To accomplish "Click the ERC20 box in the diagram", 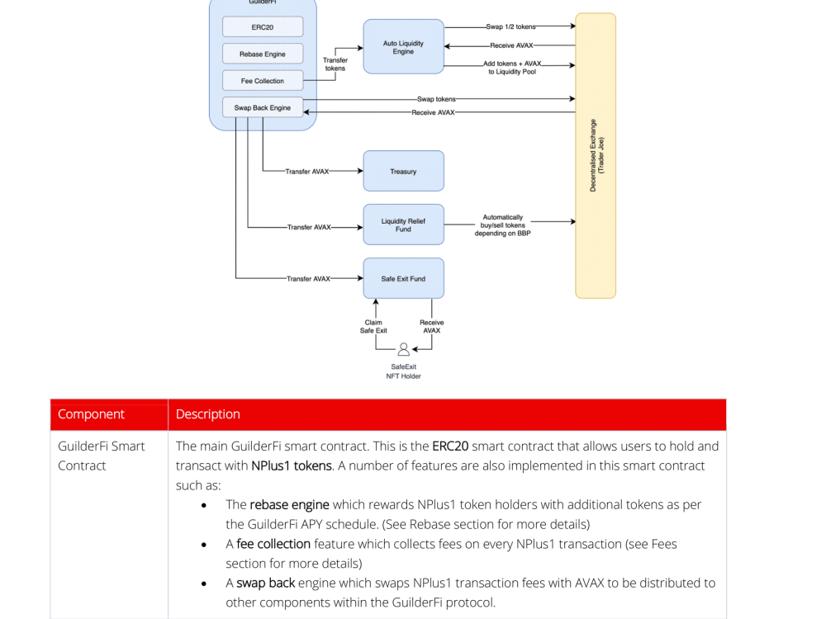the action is tap(263, 27).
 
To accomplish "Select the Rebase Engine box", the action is tap(263, 54).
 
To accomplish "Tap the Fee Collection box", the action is tap(263, 81).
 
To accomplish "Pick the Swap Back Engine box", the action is tap(263, 107).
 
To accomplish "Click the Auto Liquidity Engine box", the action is tap(404, 47).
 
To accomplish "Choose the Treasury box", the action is tap(404, 171).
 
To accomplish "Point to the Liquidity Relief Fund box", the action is tap(404, 224).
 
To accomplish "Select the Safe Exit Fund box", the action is tap(404, 278).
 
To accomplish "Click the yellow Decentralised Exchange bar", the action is tap(596, 156).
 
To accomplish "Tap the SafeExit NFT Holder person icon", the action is tap(404, 349).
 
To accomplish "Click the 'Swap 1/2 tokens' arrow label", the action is tap(510, 26).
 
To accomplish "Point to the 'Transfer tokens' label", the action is tap(335, 64).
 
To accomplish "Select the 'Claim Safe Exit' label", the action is tap(373, 326).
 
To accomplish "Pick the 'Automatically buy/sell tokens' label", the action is tap(502, 225).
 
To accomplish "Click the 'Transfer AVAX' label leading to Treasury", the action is tap(307, 172).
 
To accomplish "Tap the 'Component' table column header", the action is tap(91, 414).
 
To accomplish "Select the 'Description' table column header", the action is tap(207, 414).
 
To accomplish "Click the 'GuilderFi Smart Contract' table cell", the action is tap(101, 456).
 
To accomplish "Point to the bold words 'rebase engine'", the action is tap(289, 505).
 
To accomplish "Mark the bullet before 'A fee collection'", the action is tap(204, 545).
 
